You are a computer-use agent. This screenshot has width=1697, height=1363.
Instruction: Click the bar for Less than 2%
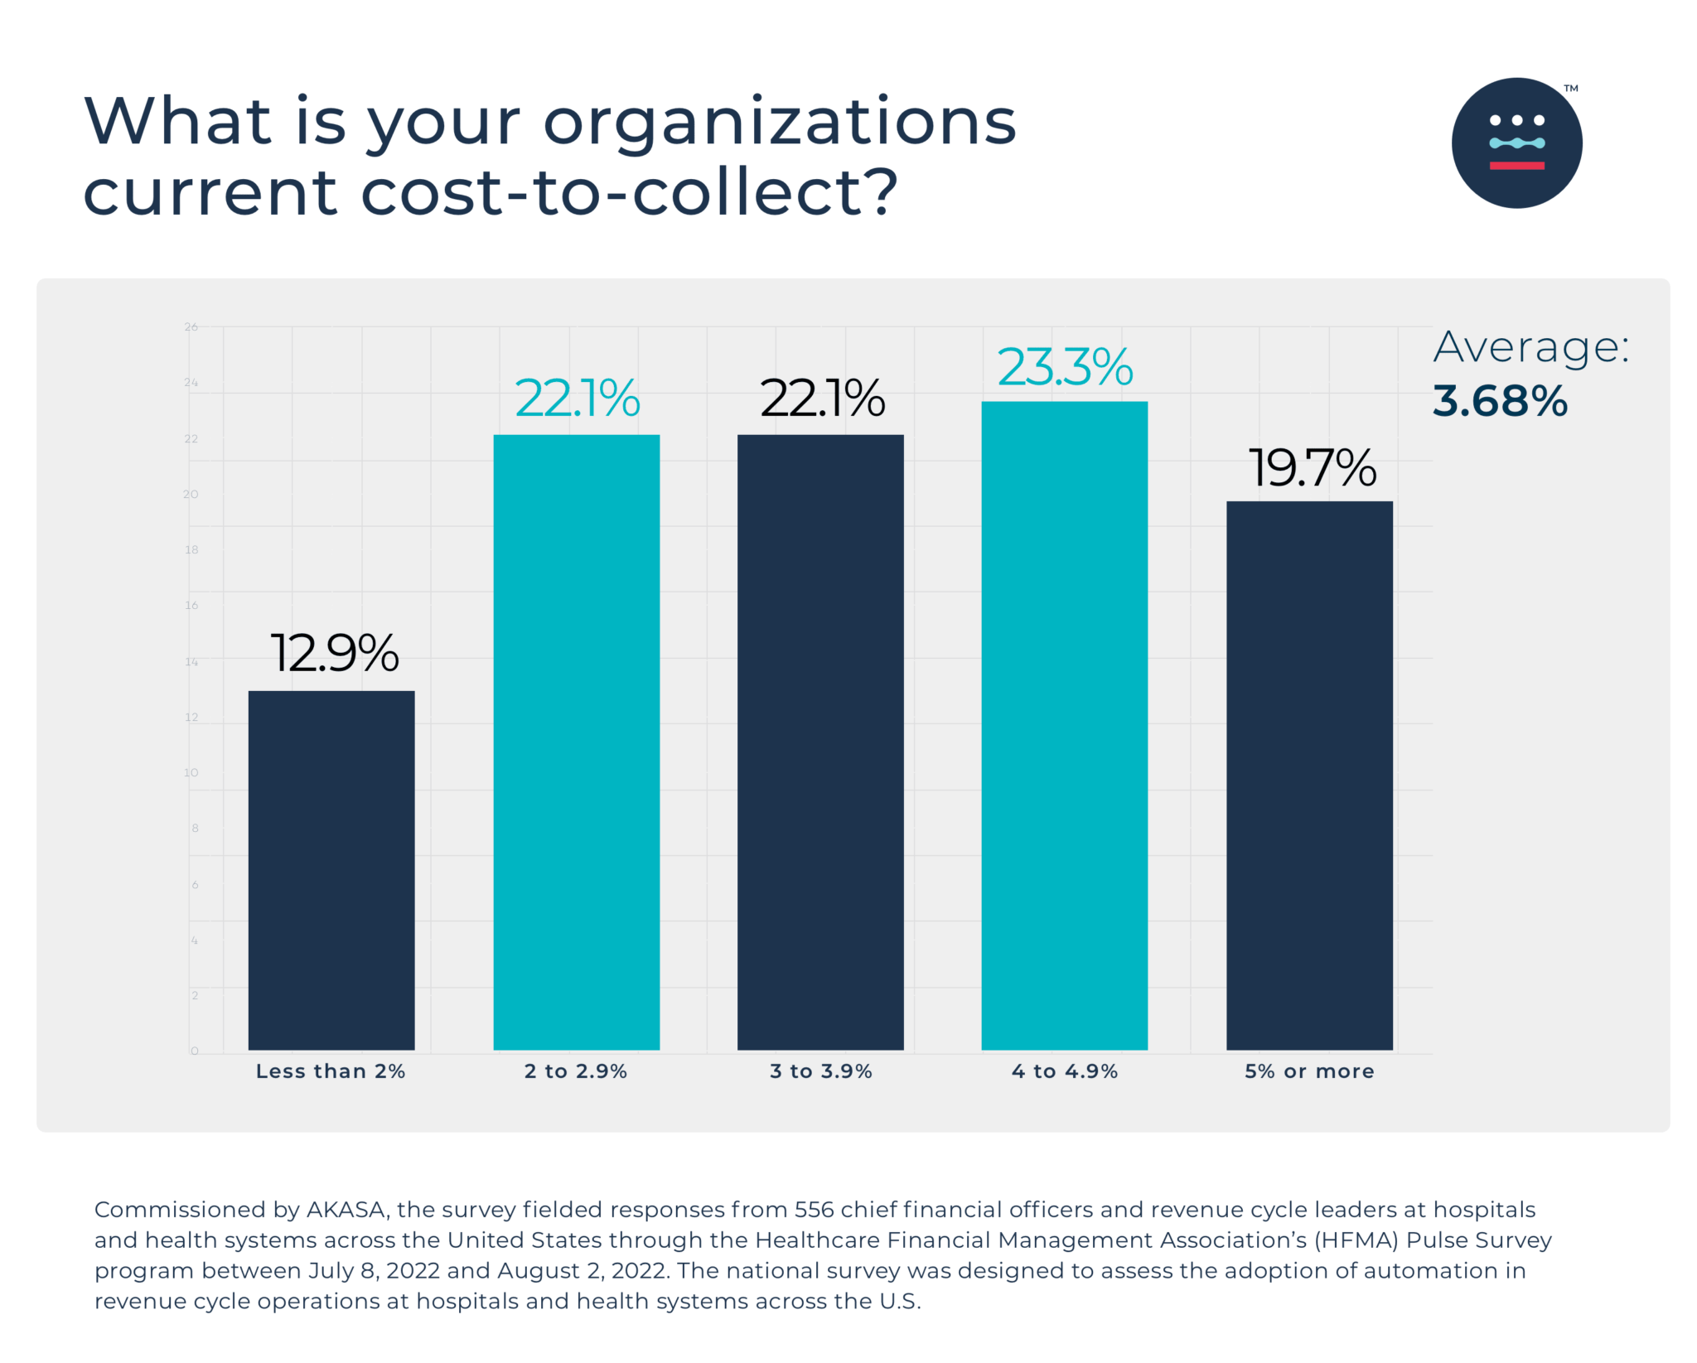click(x=331, y=870)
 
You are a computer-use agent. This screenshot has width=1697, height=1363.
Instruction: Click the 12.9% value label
click(x=335, y=653)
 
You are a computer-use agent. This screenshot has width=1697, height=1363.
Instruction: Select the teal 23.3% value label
click(x=1065, y=366)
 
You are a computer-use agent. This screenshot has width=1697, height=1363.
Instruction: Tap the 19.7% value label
click(x=1312, y=467)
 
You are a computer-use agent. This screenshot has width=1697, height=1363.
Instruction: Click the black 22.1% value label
click(x=822, y=398)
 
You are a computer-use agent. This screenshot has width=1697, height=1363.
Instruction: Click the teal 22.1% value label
click(x=577, y=398)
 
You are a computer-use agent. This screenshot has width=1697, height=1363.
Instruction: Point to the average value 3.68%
click(x=1500, y=401)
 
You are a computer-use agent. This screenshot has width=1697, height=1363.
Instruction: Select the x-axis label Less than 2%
click(x=331, y=1071)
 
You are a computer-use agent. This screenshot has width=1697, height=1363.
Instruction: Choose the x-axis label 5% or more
click(x=1309, y=1071)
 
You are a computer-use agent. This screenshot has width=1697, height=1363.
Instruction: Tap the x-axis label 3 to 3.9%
click(x=820, y=1071)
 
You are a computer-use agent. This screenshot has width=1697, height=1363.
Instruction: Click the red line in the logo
click(x=1516, y=166)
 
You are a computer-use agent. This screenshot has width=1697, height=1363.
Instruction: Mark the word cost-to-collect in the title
click(x=630, y=192)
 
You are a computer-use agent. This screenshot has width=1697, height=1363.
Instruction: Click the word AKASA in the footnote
click(x=346, y=1210)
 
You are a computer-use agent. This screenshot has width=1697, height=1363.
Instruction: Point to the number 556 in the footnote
click(x=814, y=1210)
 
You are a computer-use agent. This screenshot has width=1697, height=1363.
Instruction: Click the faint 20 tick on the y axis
click(x=191, y=495)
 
